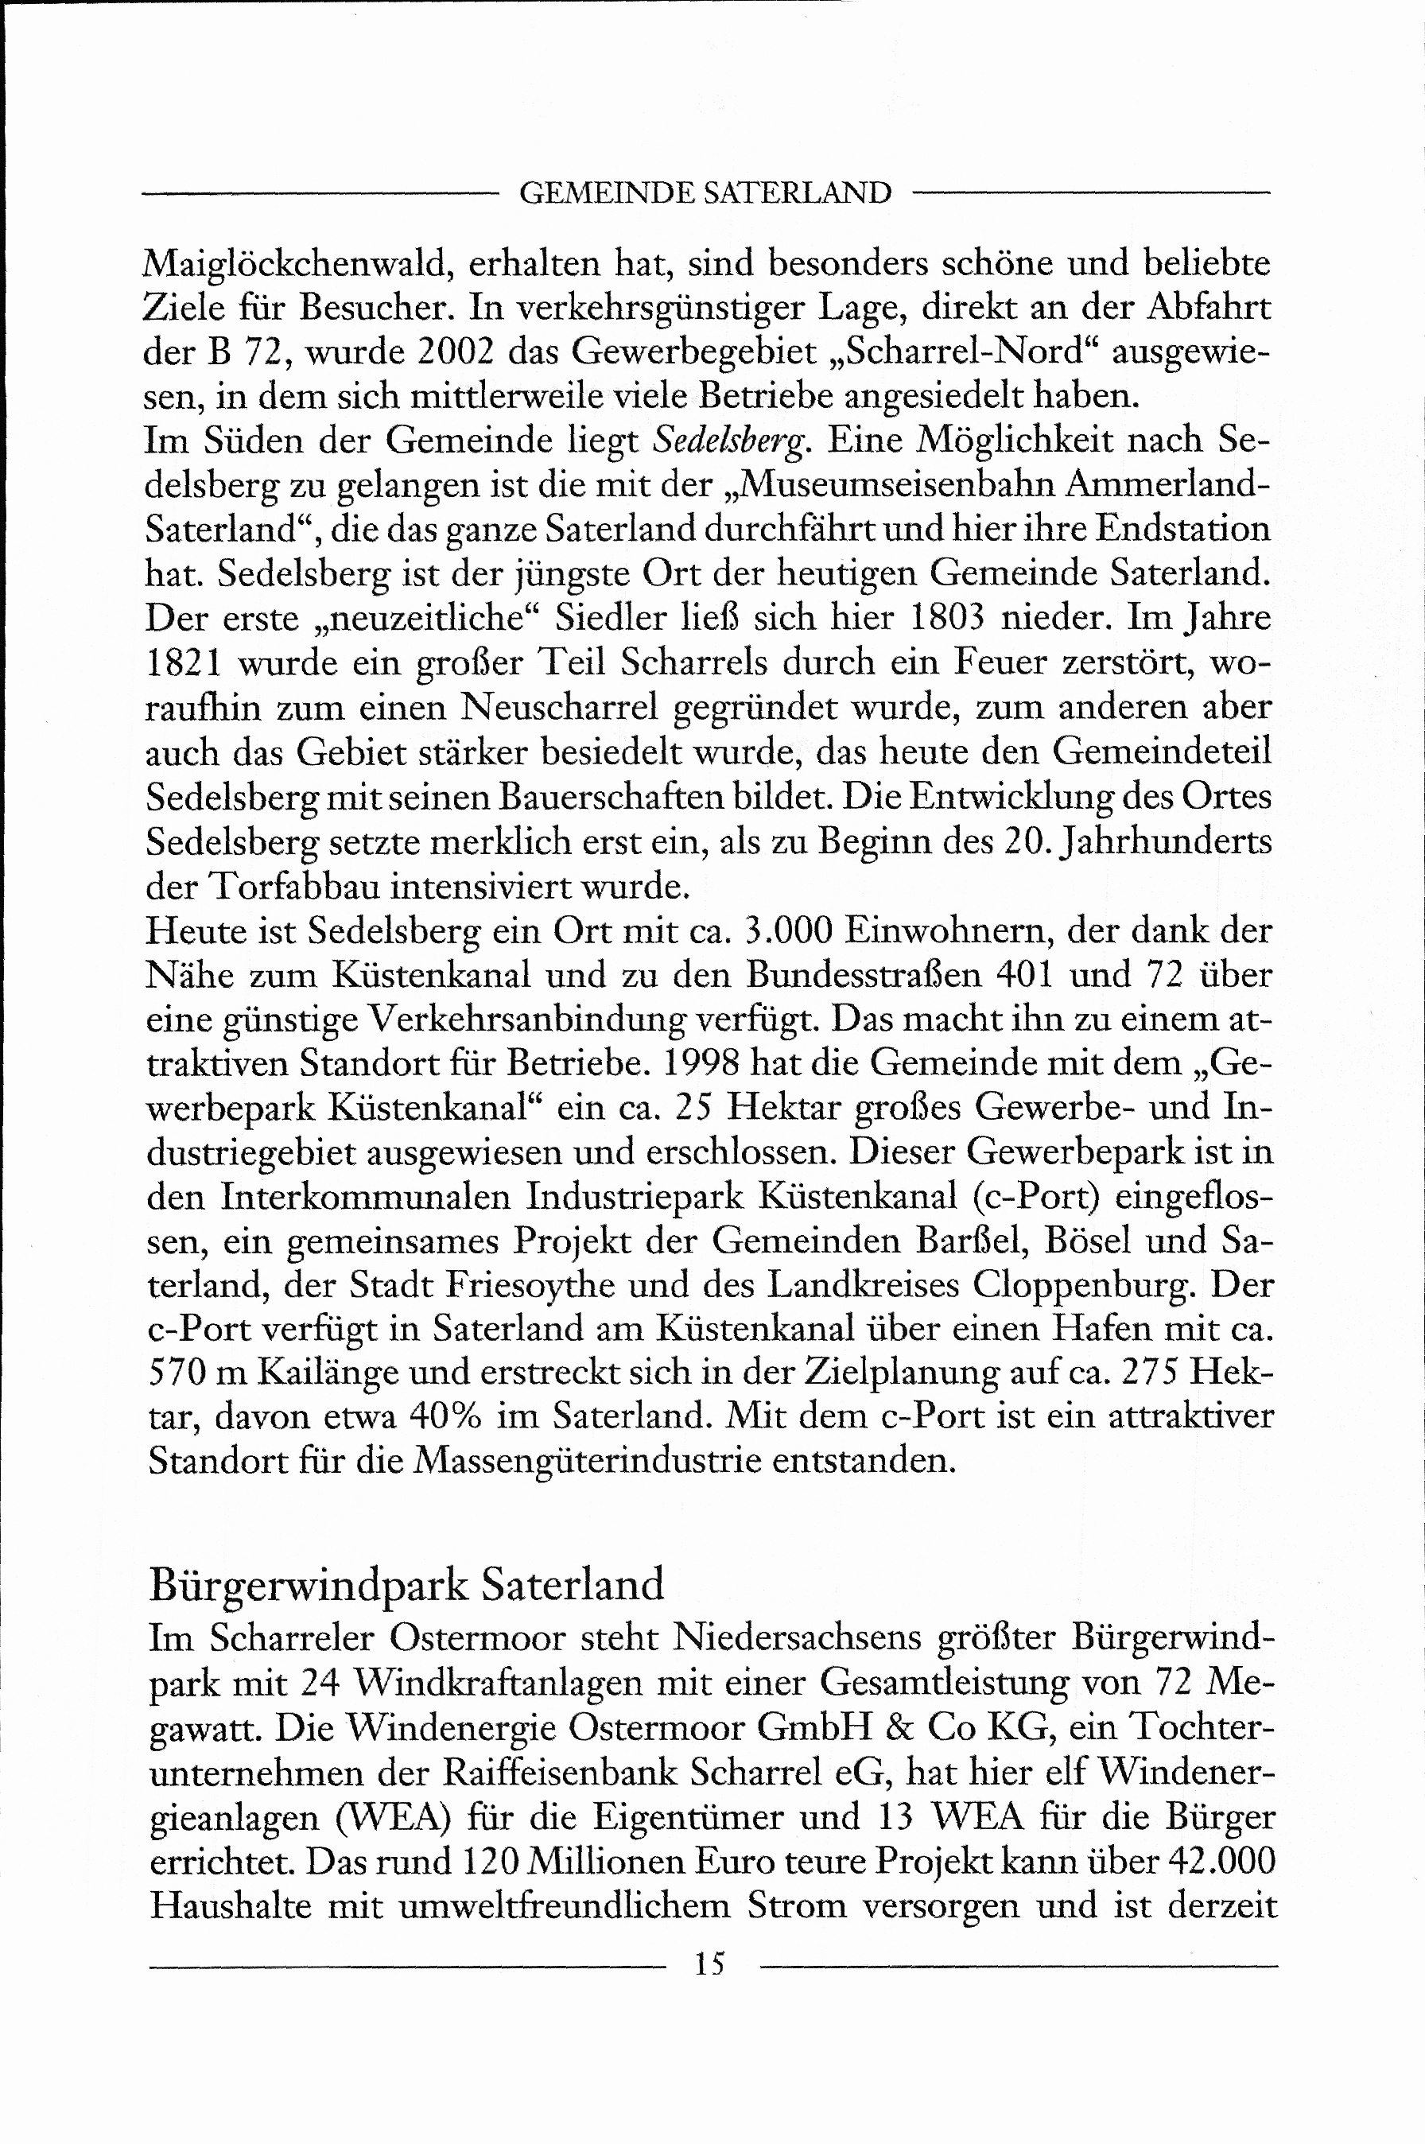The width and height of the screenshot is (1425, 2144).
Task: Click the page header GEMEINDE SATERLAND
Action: click(x=705, y=193)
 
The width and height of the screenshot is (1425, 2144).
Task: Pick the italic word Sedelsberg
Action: click(x=730, y=441)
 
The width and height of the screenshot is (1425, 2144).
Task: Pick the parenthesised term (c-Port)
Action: click(x=1036, y=1197)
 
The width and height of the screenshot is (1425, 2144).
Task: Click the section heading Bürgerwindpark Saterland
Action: click(x=406, y=1585)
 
